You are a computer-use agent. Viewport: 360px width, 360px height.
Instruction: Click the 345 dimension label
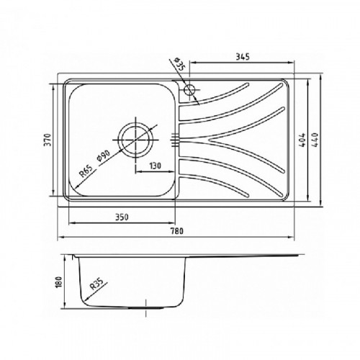pos(243,57)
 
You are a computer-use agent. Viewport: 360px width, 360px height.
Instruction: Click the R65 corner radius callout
pos(86,171)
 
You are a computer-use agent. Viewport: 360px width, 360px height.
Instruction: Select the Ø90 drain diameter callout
pos(104,156)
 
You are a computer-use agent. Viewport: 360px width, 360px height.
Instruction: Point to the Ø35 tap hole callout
pos(179,64)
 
